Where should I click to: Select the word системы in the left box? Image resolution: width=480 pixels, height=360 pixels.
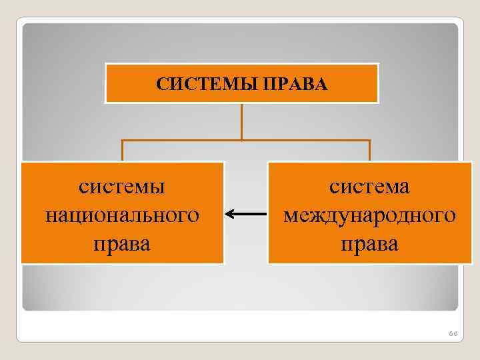[122, 187]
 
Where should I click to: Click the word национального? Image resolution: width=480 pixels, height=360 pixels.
[122, 215]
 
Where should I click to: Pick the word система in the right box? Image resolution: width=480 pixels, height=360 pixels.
[369, 187]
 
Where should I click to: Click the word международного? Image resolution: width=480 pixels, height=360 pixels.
[369, 215]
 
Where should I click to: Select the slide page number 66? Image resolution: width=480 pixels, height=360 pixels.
[453, 333]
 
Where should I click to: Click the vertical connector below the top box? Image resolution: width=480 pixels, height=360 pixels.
[241, 121]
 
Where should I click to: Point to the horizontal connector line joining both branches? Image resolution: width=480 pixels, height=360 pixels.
[180, 141]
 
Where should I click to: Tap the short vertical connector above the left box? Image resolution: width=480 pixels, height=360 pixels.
[122, 151]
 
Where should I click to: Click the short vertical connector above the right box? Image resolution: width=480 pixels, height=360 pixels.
[369, 151]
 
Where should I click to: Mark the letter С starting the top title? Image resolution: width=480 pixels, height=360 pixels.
[161, 84]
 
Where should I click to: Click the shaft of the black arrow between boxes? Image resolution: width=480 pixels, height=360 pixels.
[250, 214]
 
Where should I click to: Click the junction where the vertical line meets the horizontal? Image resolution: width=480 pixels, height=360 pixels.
[241, 141]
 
